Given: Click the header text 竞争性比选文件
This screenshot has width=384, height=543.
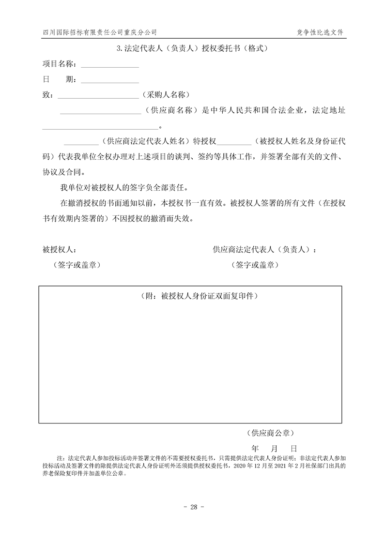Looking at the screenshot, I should pos(320,32).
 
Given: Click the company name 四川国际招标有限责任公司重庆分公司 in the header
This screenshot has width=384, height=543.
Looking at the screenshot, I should pos(99,32).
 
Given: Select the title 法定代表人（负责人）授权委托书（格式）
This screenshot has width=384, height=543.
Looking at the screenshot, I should pos(192,48).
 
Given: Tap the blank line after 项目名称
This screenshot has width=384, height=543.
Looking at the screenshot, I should pos(109,65).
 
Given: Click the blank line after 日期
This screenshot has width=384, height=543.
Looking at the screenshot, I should pos(109,80).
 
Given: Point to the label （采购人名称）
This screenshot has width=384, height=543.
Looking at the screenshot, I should pos(166,95).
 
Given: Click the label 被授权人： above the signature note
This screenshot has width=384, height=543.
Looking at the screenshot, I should pos(59,250).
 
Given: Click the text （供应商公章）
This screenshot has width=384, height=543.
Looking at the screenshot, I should pos(270,432).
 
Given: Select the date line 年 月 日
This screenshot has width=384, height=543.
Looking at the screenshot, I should pos(274,448).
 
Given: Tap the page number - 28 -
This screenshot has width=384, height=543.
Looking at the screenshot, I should pos(192,507).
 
